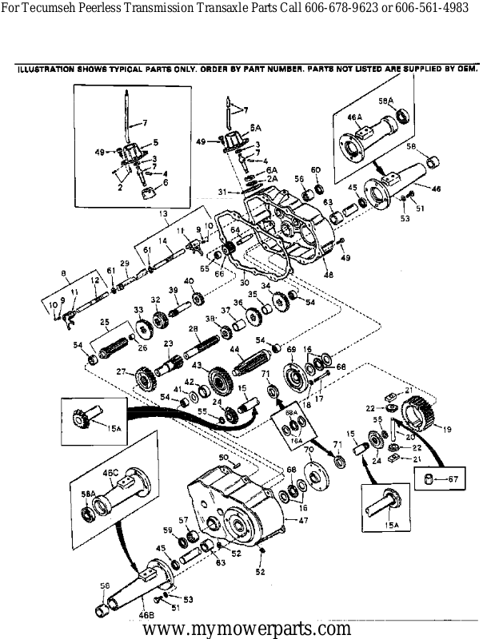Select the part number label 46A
coord(355,118)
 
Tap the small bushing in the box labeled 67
coord(430,479)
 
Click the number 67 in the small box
coord(455,479)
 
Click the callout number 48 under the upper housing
coord(328,275)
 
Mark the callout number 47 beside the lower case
coord(303,520)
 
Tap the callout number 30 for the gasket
coord(243,282)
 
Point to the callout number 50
coord(225,457)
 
